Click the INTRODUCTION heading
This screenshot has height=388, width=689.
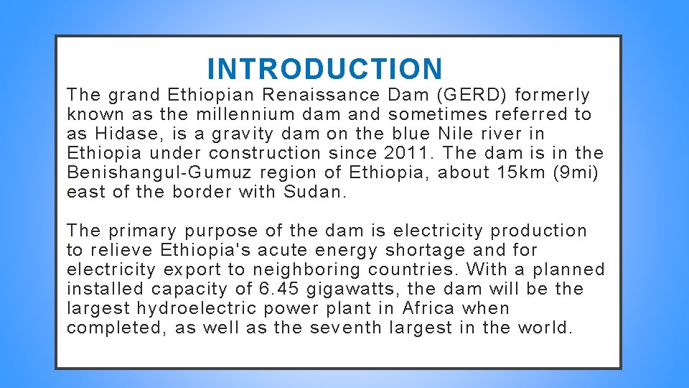(325, 69)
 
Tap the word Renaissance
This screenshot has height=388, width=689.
(321, 95)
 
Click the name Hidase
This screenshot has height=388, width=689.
(121, 134)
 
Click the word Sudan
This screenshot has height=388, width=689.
(314, 192)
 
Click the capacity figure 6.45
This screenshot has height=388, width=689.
(273, 289)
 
